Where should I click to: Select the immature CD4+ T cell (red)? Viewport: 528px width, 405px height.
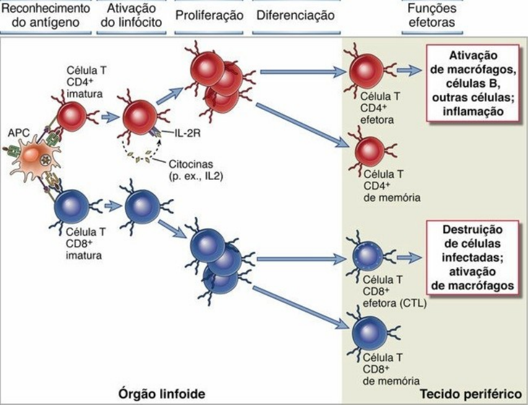[72, 116]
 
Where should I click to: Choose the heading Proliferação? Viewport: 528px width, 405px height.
[209, 15]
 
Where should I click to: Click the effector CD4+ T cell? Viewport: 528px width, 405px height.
[366, 71]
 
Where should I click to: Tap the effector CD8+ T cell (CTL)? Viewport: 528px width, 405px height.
[367, 256]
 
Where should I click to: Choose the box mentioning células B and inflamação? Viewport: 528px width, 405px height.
[471, 81]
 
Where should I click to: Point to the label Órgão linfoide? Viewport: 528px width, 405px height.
[163, 394]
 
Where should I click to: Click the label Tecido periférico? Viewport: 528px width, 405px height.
[470, 394]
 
